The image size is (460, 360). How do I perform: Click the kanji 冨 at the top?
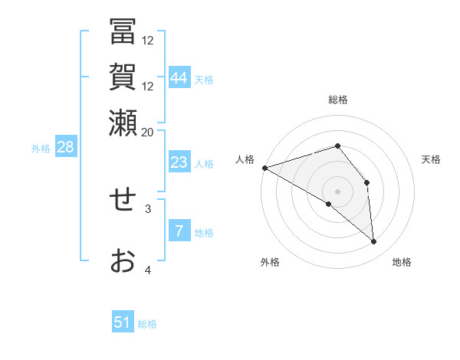point(123,33)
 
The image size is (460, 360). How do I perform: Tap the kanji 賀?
point(123,78)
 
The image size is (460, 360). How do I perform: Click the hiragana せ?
point(123,200)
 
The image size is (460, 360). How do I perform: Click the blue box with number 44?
point(179,78)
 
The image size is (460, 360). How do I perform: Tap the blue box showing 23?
point(179,162)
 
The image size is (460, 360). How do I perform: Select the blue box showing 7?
point(179,231)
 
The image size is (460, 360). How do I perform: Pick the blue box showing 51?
point(123,322)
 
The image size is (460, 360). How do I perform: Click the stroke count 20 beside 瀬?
point(148,132)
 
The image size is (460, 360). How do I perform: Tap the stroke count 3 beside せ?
point(148,208)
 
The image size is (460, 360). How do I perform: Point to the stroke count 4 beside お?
point(148,269)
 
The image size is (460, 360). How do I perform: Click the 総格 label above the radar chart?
point(337,100)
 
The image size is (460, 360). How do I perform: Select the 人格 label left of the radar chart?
point(245,159)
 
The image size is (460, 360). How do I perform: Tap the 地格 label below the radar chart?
point(402,263)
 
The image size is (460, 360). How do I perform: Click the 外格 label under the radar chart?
point(270,263)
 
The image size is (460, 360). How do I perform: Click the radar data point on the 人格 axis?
point(264,167)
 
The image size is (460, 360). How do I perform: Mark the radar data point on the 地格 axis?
point(374,242)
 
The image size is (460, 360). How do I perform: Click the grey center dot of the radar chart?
point(337,191)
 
